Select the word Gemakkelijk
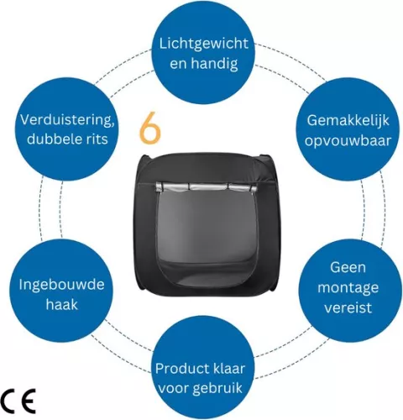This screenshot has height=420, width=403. tap(348, 121)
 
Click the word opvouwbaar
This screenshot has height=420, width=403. tap(348, 140)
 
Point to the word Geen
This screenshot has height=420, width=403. tap(348, 267)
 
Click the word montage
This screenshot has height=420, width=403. tap(348, 288)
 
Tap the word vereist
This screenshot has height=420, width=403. tap(348, 307)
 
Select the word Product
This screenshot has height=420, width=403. tap(180, 368)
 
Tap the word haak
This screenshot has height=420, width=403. tap(61, 304)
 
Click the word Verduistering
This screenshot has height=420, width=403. tap(67, 121)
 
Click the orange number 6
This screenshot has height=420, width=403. tap(150, 128)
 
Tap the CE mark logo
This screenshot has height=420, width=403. tap(18, 401)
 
